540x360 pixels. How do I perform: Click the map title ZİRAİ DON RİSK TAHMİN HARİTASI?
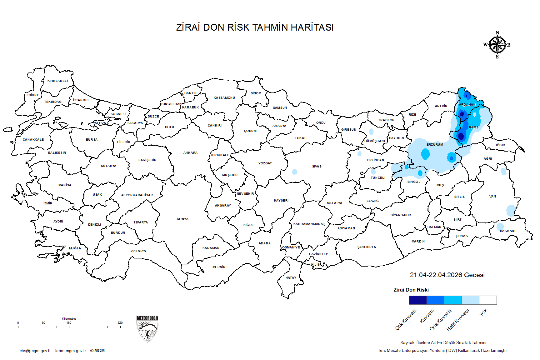[x=255, y=27]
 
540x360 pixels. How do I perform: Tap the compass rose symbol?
[x=497, y=45]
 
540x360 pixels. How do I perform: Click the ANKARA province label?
[x=190, y=153]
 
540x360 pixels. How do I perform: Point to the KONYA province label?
[x=182, y=219]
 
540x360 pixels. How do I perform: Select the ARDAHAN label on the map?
[x=467, y=105]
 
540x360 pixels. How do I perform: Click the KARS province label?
[x=473, y=127]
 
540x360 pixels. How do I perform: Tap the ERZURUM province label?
[x=435, y=145]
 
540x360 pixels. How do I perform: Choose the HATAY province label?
[x=291, y=278]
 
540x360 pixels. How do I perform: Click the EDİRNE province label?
[x=33, y=95]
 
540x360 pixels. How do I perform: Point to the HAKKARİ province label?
[x=507, y=231]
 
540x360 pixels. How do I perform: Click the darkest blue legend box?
[x=418, y=300]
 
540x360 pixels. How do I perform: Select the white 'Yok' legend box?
[x=488, y=300]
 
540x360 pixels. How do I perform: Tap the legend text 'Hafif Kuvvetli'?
[x=458, y=320]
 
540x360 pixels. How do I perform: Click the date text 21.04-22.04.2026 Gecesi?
[x=447, y=275]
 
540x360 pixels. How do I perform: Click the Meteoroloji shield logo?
[x=147, y=329]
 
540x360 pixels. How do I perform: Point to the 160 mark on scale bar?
[x=69, y=323]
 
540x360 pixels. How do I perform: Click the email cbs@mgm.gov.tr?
[x=35, y=351]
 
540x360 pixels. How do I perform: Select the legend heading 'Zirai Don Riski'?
[x=411, y=290]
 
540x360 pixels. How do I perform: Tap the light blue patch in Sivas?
[x=294, y=172]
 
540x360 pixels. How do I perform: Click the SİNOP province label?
[x=256, y=93]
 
